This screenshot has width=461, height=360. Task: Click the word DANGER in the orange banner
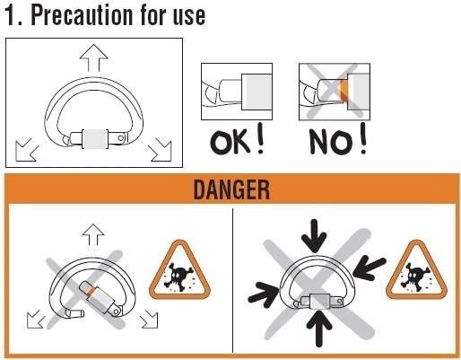(231, 189)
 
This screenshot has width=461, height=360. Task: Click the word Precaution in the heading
(82, 15)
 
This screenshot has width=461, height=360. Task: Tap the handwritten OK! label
(238, 139)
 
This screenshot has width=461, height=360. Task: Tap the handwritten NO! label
(338, 139)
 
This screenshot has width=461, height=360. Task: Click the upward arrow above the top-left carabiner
(93, 57)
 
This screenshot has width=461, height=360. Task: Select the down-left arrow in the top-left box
(27, 150)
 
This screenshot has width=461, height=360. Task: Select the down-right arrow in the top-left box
(160, 150)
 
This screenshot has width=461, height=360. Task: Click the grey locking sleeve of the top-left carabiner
(95, 138)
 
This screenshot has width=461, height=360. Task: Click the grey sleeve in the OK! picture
(257, 92)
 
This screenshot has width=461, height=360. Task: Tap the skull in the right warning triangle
(416, 277)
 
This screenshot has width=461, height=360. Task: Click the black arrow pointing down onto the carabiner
(314, 236)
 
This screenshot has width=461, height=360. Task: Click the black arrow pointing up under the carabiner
(319, 329)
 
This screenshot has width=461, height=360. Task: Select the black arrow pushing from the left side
(264, 294)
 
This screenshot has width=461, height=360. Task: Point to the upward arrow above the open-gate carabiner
(93, 234)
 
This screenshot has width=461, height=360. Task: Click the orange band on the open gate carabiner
(91, 292)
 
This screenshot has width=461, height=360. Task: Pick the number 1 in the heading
(10, 16)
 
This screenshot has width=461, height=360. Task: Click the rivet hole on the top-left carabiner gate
(121, 138)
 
